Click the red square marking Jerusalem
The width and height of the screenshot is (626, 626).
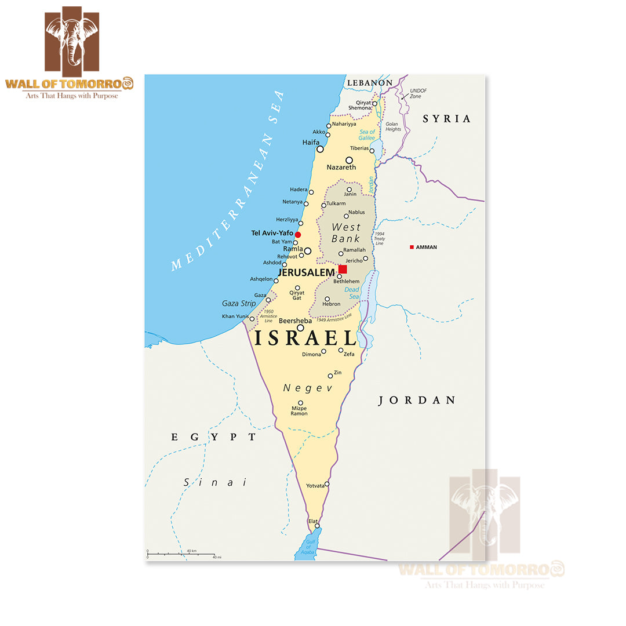click(x=343, y=269)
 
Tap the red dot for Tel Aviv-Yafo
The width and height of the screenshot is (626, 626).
click(x=298, y=235)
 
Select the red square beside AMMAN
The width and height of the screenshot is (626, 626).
click(x=412, y=247)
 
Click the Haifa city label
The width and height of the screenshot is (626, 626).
click(x=311, y=142)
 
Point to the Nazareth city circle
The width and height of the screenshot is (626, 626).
click(x=349, y=160)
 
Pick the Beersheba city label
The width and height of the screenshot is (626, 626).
click(x=295, y=321)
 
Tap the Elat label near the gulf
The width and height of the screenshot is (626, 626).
click(x=313, y=521)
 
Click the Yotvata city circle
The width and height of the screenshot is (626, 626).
click(x=327, y=484)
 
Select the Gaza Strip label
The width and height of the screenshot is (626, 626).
click(x=239, y=303)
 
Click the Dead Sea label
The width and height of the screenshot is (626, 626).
click(x=352, y=293)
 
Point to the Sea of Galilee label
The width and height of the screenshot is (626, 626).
click(x=366, y=135)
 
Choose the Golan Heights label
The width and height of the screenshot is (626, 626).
click(x=393, y=126)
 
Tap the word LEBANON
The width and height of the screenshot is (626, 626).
click(x=369, y=83)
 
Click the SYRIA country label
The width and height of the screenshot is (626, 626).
click(x=446, y=119)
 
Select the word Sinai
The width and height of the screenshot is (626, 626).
click(x=215, y=482)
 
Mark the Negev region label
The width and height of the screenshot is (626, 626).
click(x=308, y=388)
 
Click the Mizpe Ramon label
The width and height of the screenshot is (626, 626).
click(x=299, y=411)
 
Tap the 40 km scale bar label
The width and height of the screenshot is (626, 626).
click(x=191, y=551)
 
